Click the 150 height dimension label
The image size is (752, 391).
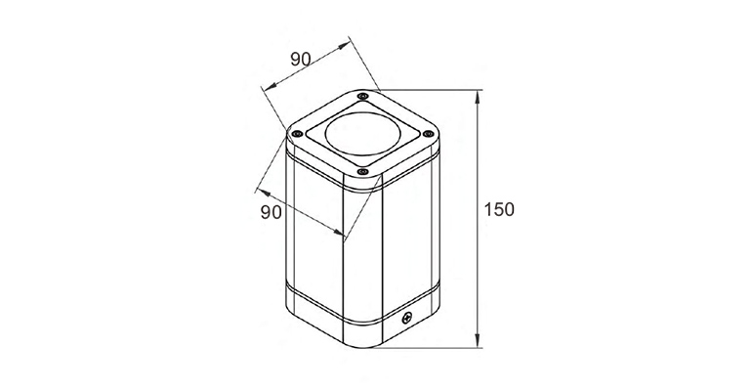(499, 209)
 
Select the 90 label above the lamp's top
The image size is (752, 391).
(301, 59)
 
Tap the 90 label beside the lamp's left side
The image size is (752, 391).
(271, 211)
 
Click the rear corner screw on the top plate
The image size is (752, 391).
(363, 96)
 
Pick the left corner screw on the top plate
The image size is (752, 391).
(297, 133)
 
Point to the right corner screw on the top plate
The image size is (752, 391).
(429, 133)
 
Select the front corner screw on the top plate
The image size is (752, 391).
(362, 170)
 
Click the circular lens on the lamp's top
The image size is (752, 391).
(363, 133)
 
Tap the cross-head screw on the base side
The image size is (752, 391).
(407, 318)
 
